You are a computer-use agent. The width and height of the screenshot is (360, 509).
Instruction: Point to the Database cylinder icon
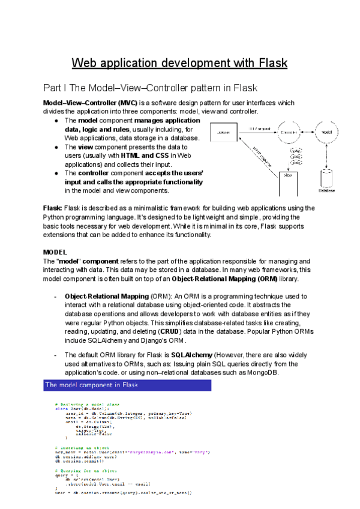(x=327, y=179)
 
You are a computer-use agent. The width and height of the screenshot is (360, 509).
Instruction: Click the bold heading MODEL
(x=55, y=251)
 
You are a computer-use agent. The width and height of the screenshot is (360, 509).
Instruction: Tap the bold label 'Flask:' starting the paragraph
(x=52, y=208)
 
